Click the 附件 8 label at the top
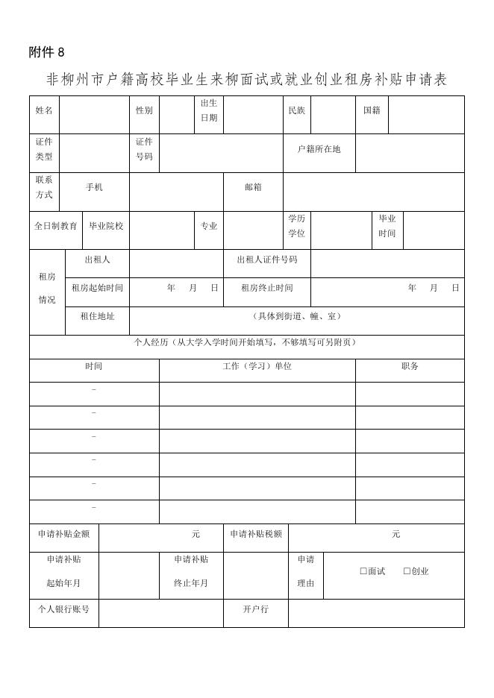pyautogui.click(x=47, y=52)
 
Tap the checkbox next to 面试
pyautogui.click(x=363, y=571)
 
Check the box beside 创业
pyautogui.click(x=407, y=571)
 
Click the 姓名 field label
pyautogui.click(x=44, y=110)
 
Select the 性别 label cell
pyautogui.click(x=144, y=110)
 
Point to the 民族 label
pyautogui.click(x=296, y=110)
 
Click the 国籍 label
pyautogui.click(x=372, y=110)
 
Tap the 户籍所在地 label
pyautogui.click(x=319, y=149)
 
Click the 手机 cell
pyautogui.click(x=94, y=187)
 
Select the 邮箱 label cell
pyautogui.click(x=253, y=187)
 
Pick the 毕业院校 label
pyautogui.click(x=106, y=226)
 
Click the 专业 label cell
pyautogui.click(x=208, y=226)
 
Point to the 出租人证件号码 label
pyautogui.click(x=266, y=260)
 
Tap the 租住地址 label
pyautogui.click(x=97, y=316)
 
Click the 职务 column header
pyautogui.click(x=410, y=366)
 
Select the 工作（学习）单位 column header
pyautogui.click(x=257, y=366)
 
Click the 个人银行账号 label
pyautogui.click(x=63, y=609)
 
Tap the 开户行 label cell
pyautogui.click(x=255, y=609)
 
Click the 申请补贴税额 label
pyautogui.click(x=255, y=534)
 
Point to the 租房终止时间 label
pyautogui.click(x=266, y=288)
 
